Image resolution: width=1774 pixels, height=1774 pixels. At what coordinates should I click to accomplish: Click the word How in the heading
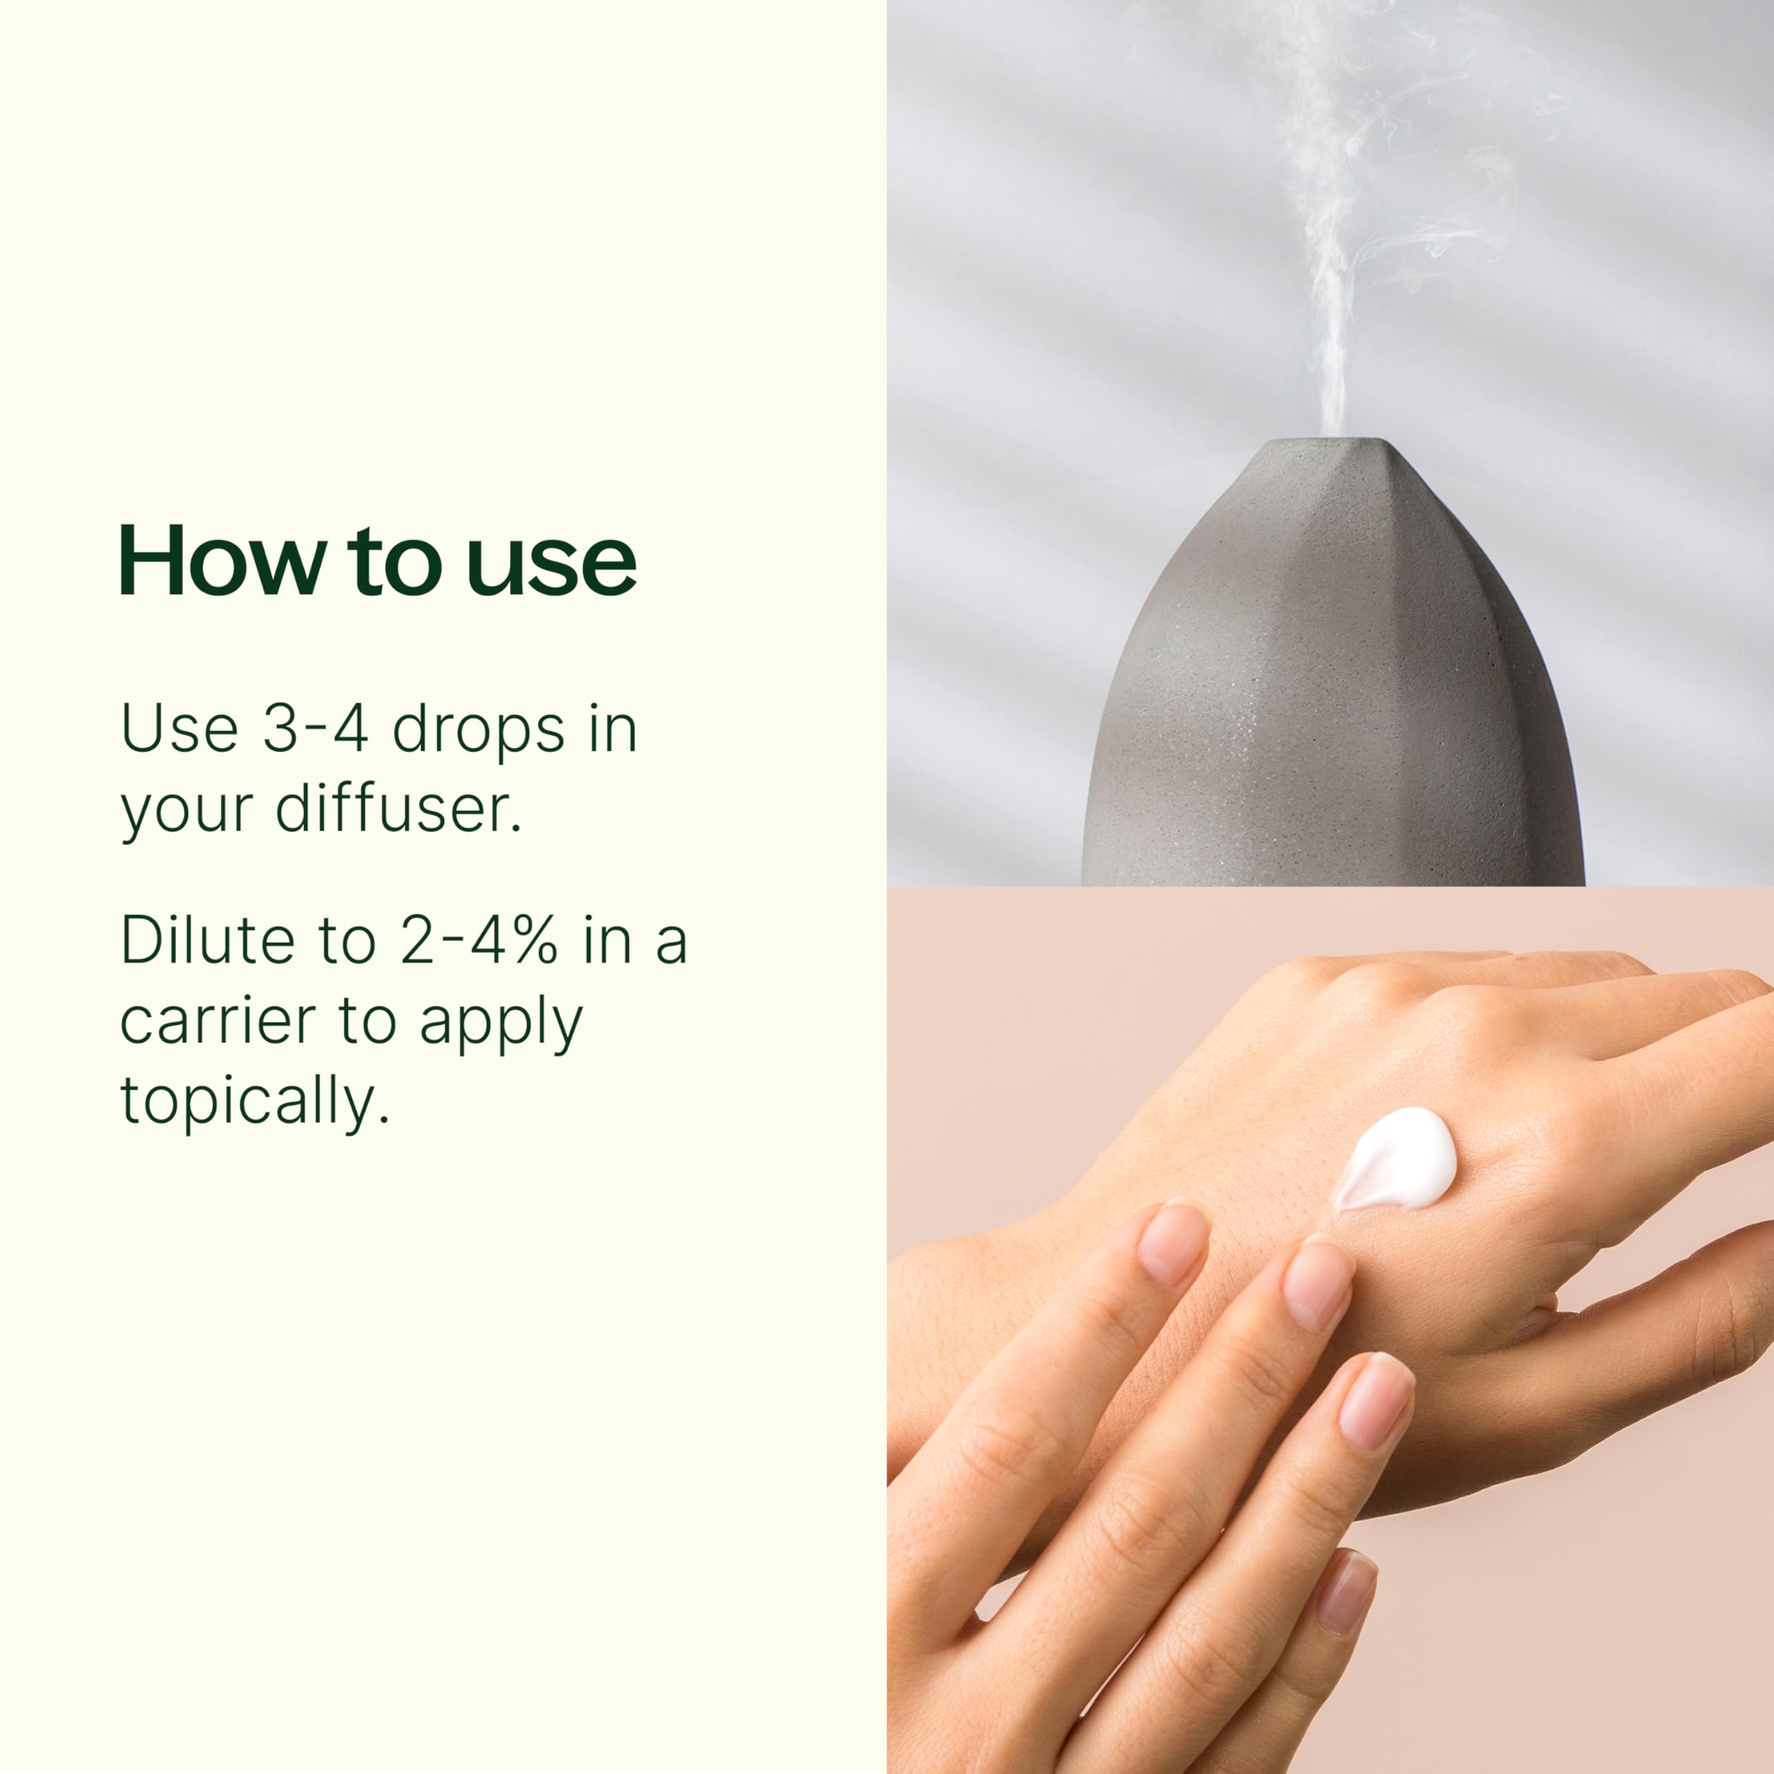221,561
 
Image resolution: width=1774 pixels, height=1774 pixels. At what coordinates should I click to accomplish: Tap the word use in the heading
551,563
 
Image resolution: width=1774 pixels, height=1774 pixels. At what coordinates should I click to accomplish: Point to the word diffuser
398,810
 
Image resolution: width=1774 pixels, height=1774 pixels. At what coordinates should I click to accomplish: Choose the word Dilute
207,942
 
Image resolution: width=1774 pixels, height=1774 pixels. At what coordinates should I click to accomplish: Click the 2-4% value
478,942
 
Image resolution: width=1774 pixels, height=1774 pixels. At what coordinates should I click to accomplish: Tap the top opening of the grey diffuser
1328,443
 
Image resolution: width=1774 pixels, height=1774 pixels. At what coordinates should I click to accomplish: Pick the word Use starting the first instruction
179,730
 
